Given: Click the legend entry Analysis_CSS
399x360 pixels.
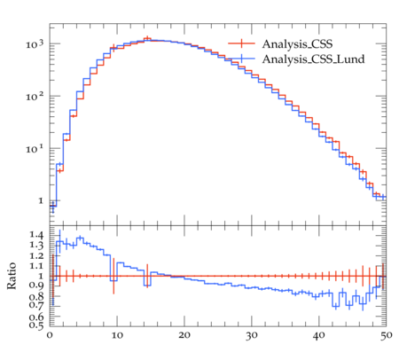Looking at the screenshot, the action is [x=297, y=44].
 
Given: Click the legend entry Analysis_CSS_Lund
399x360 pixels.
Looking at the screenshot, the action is [x=313, y=59].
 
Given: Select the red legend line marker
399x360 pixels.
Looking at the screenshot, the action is [x=241, y=43].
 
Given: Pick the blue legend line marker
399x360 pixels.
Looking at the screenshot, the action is [x=241, y=59].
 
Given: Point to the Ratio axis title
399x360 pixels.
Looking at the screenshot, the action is [x=12, y=276].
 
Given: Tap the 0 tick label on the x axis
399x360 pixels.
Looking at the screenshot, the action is [x=50, y=335].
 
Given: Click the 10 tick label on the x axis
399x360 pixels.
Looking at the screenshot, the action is [x=117, y=335].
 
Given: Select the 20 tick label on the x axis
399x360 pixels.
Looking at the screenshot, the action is [x=184, y=335].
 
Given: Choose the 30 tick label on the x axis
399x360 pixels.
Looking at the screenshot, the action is [x=252, y=335].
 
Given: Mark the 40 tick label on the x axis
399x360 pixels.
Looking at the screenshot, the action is [x=319, y=335].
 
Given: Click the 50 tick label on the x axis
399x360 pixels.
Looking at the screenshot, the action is [x=387, y=335].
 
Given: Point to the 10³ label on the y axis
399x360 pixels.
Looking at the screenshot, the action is [x=35, y=44].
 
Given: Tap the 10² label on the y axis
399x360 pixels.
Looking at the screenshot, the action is [x=35, y=97].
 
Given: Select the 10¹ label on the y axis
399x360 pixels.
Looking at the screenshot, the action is [x=35, y=149].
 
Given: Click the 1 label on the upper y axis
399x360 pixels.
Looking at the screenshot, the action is [x=41, y=201].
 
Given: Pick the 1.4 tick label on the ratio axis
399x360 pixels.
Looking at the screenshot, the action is [x=36, y=235].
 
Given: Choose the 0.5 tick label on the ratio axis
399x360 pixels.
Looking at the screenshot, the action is [x=36, y=325].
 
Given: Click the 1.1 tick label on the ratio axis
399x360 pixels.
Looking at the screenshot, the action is [x=36, y=266].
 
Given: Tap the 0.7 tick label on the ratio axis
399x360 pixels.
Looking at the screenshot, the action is [x=36, y=305].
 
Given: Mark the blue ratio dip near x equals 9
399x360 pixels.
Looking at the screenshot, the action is [x=113, y=280].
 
